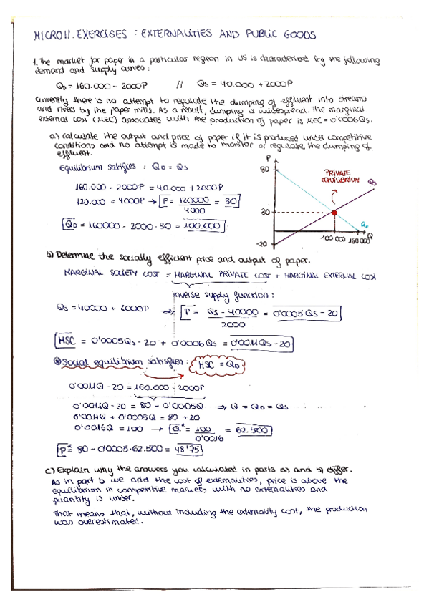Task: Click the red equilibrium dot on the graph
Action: pyautogui.click(x=334, y=212)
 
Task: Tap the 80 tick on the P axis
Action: pyautogui.click(x=264, y=169)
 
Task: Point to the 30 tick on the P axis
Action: pyautogui.click(x=264, y=212)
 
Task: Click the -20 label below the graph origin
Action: pyautogui.click(x=263, y=243)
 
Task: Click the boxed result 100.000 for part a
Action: pyautogui.click(x=206, y=225)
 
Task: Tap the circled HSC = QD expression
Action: pyautogui.click(x=221, y=366)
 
